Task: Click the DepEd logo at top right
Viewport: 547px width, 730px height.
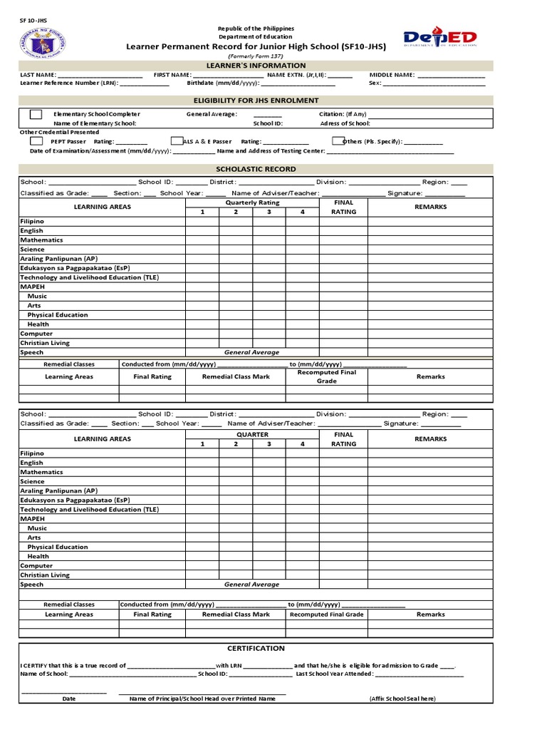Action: [x=440, y=40]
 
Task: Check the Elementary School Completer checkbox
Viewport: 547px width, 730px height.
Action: [x=36, y=114]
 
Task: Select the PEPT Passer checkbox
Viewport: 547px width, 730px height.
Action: [x=36, y=141]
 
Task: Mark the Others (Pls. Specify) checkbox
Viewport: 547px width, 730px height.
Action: [x=339, y=141]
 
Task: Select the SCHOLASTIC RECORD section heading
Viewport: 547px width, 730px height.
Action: [x=256, y=169]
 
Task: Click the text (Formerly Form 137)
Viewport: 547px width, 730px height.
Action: [x=256, y=56]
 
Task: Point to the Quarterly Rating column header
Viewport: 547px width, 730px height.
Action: [x=252, y=202]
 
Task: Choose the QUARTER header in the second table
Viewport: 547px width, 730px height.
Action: [x=252, y=434]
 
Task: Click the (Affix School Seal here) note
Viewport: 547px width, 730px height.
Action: [x=402, y=699]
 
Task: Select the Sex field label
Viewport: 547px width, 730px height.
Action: [x=375, y=83]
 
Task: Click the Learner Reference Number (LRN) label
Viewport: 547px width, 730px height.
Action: [x=69, y=83]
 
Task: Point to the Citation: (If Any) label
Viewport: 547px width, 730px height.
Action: [x=343, y=114]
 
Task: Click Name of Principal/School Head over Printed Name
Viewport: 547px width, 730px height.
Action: [x=202, y=699]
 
